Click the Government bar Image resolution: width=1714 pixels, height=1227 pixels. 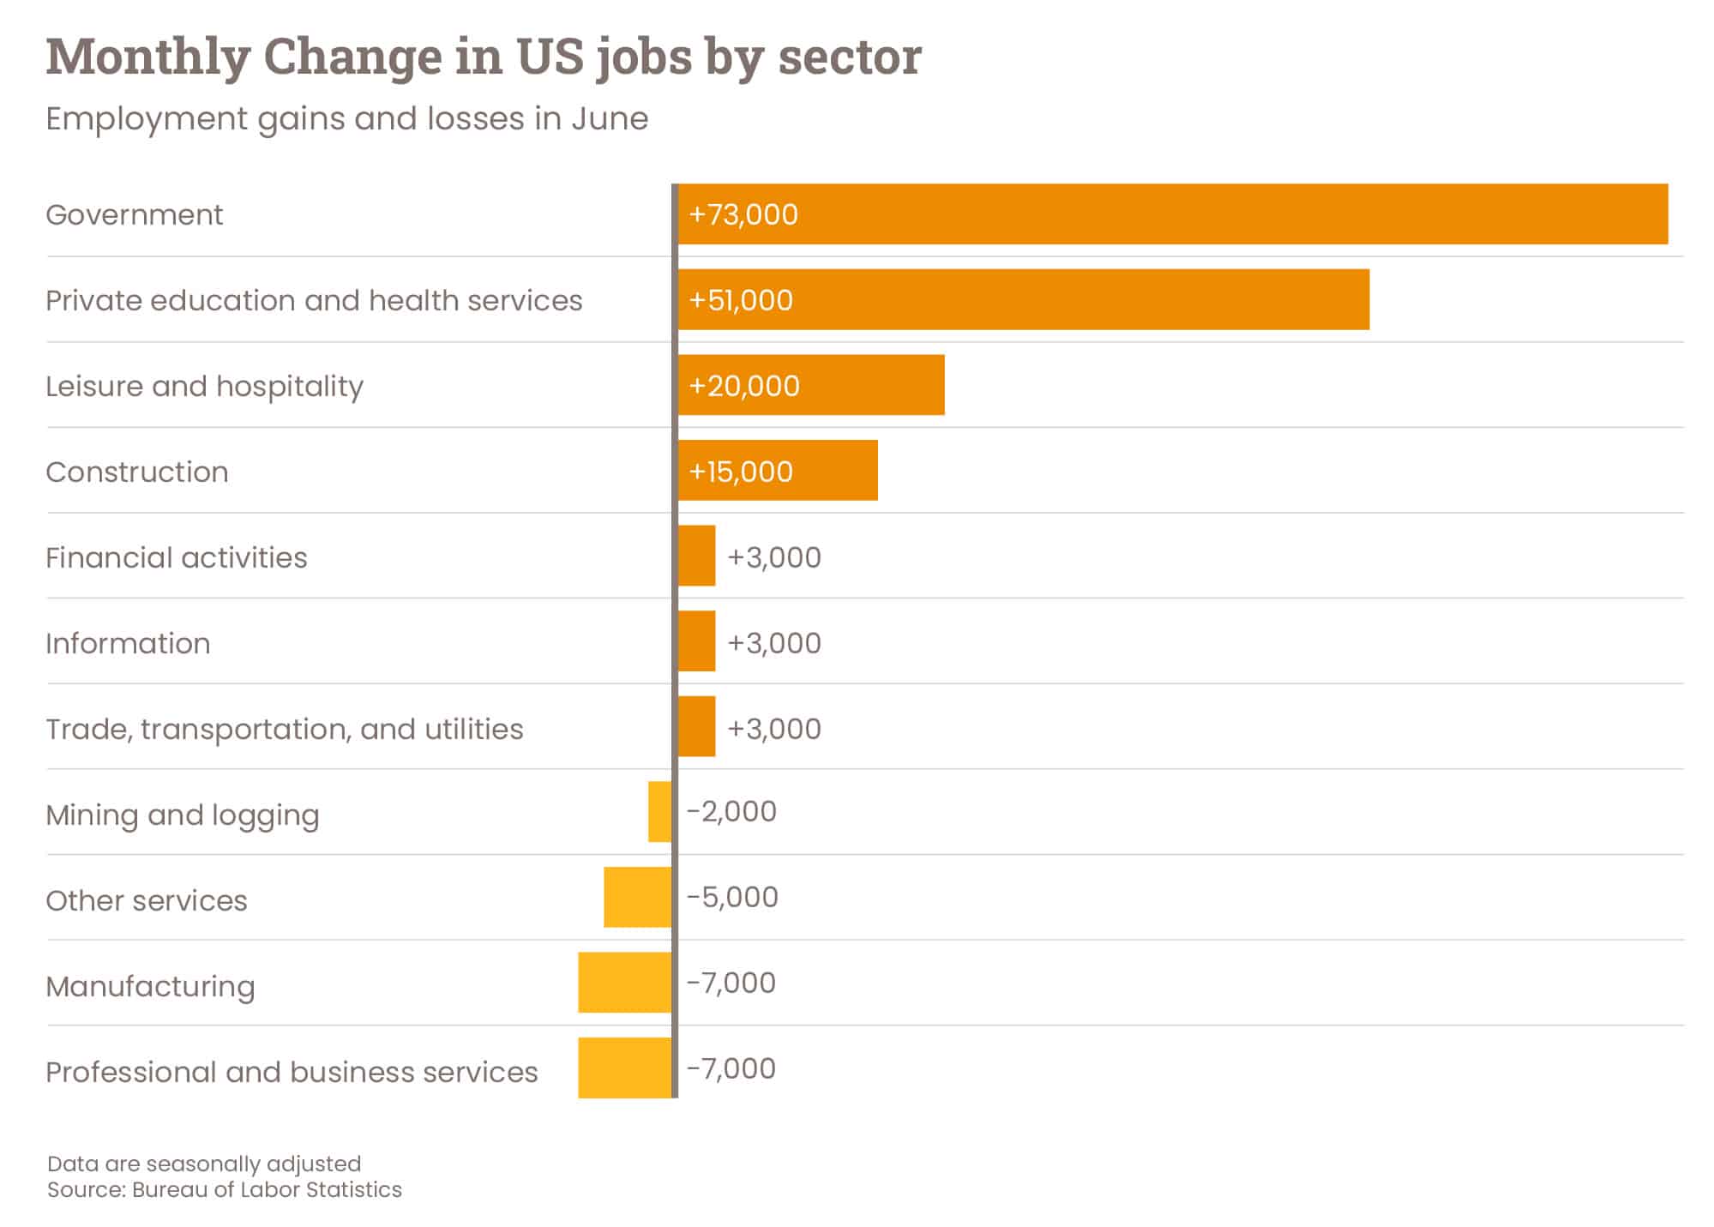[1172, 214]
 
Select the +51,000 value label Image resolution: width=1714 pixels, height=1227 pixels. [741, 300]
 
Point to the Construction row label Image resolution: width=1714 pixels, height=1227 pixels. [137, 472]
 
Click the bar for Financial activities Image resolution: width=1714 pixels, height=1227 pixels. [696, 556]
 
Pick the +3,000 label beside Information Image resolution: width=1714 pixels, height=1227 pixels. [774, 643]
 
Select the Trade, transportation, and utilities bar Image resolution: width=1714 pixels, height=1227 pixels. [696, 726]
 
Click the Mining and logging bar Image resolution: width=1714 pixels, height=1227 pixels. [659, 811]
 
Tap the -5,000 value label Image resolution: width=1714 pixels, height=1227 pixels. [732, 897]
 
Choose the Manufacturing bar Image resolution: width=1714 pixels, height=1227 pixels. [624, 982]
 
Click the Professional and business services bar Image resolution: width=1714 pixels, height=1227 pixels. [624, 1068]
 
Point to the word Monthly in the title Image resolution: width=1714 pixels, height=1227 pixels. [147, 57]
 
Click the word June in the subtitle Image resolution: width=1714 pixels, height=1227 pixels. [609, 118]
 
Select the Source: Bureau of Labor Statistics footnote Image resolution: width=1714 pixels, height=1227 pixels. [224, 1189]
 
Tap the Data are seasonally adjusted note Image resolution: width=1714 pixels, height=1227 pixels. [204, 1164]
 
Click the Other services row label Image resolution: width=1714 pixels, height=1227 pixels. [147, 900]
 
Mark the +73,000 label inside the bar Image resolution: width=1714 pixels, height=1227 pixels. [743, 214]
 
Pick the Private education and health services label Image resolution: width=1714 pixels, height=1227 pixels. [314, 300]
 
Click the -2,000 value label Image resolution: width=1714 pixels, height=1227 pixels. [731, 811]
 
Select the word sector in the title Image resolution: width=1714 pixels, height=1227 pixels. [849, 57]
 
